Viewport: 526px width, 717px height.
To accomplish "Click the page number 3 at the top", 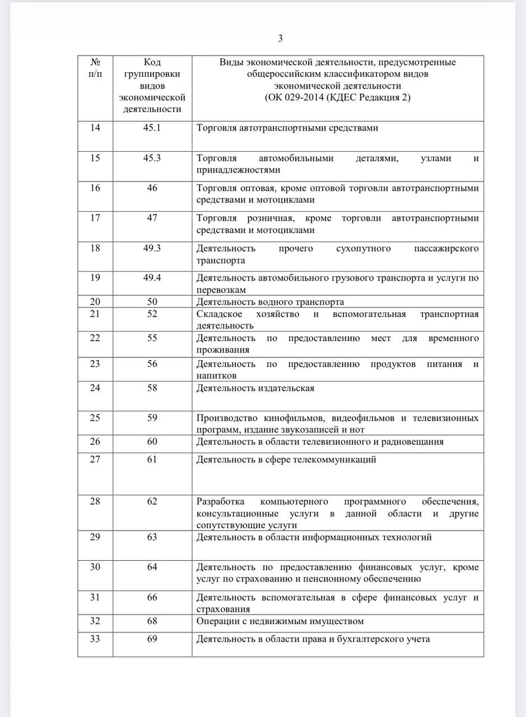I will coord(280,38).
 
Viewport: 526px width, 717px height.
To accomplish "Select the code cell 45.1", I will coord(152,128).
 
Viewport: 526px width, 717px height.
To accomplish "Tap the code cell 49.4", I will coord(152,278).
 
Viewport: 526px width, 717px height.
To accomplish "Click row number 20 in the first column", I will coord(95,302).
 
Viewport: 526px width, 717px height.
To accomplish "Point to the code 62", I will coord(152,501).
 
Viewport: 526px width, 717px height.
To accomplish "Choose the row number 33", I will coord(95,639).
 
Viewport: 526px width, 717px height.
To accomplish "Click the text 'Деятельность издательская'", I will coord(255,388).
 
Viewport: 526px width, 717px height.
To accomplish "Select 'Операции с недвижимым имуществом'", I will coord(280,621).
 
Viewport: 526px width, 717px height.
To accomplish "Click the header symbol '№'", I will coord(95,62).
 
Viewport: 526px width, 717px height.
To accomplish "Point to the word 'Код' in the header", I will coord(152,62).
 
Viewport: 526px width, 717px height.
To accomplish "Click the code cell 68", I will coord(152,621).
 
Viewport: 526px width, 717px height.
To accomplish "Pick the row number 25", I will coord(95,418).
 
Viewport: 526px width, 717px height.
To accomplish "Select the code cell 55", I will coord(152,338).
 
